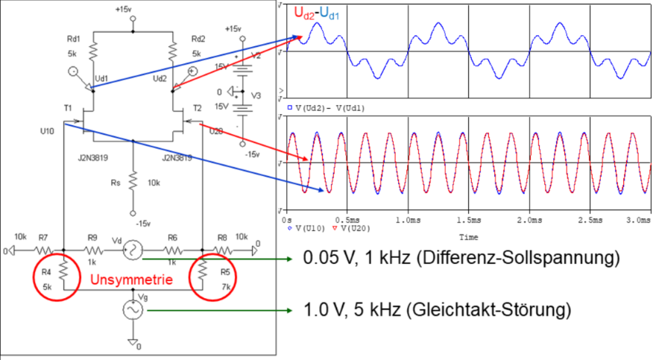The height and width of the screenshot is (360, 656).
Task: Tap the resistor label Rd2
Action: click(x=198, y=39)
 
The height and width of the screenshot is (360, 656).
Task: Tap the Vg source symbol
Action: click(x=133, y=308)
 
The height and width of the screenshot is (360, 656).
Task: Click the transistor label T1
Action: click(x=68, y=108)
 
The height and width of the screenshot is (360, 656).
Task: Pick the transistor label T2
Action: click(x=198, y=108)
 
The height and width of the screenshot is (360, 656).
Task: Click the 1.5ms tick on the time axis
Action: click(x=467, y=221)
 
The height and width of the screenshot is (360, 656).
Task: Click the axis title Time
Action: click(x=468, y=238)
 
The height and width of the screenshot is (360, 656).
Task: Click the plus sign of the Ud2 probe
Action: click(x=192, y=72)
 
